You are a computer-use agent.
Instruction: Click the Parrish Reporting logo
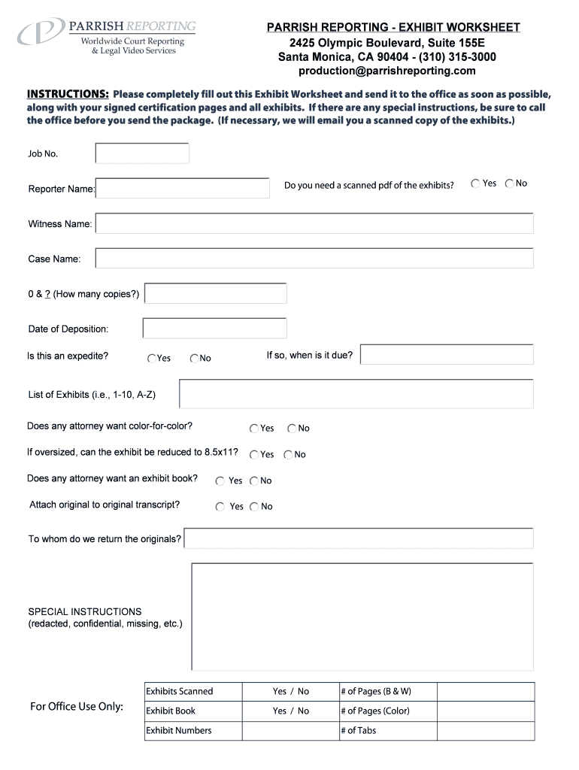click(x=105, y=37)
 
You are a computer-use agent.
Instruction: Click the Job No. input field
click(x=142, y=153)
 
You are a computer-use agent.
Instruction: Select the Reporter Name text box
click(x=183, y=188)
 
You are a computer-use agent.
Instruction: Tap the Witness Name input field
click(x=314, y=223)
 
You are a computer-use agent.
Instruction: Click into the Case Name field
click(x=314, y=259)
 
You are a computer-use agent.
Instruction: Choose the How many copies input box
click(x=215, y=293)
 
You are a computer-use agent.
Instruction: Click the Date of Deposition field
click(x=214, y=329)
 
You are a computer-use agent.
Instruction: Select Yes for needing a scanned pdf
click(x=476, y=183)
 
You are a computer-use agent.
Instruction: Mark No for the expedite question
click(x=194, y=359)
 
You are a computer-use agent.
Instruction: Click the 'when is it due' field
click(x=447, y=355)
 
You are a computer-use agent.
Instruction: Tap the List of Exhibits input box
click(x=356, y=394)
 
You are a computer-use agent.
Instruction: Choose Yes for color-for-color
click(x=254, y=429)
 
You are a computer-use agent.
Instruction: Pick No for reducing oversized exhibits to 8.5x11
click(x=289, y=455)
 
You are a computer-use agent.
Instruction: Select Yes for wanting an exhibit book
click(x=220, y=481)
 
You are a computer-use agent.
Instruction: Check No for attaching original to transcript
click(x=255, y=507)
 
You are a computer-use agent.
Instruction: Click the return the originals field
click(x=359, y=538)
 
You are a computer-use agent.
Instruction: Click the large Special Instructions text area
click(x=362, y=617)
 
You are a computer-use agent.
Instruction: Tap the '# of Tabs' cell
click(x=387, y=731)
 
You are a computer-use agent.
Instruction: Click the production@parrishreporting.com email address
click(x=387, y=71)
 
